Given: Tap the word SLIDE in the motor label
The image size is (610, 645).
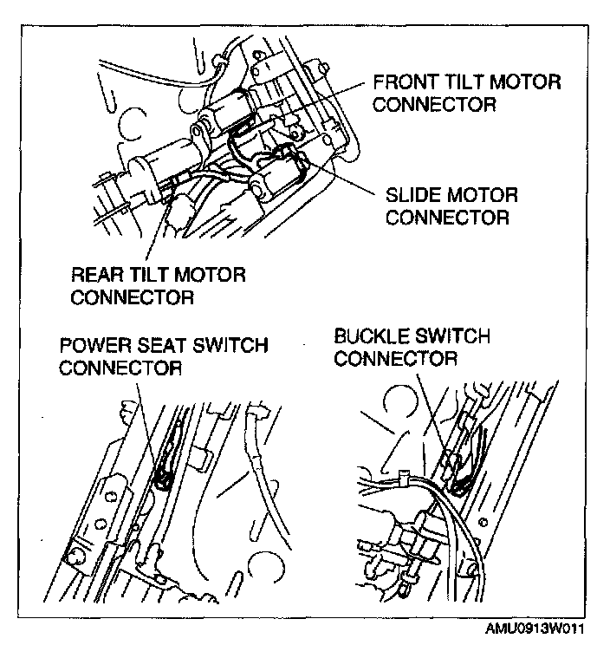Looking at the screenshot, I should (413, 194).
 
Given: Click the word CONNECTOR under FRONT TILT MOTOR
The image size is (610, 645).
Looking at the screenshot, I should (434, 105).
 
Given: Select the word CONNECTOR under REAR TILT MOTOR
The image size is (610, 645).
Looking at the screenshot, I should (131, 297).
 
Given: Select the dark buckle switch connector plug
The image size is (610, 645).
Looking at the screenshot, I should (461, 482).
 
